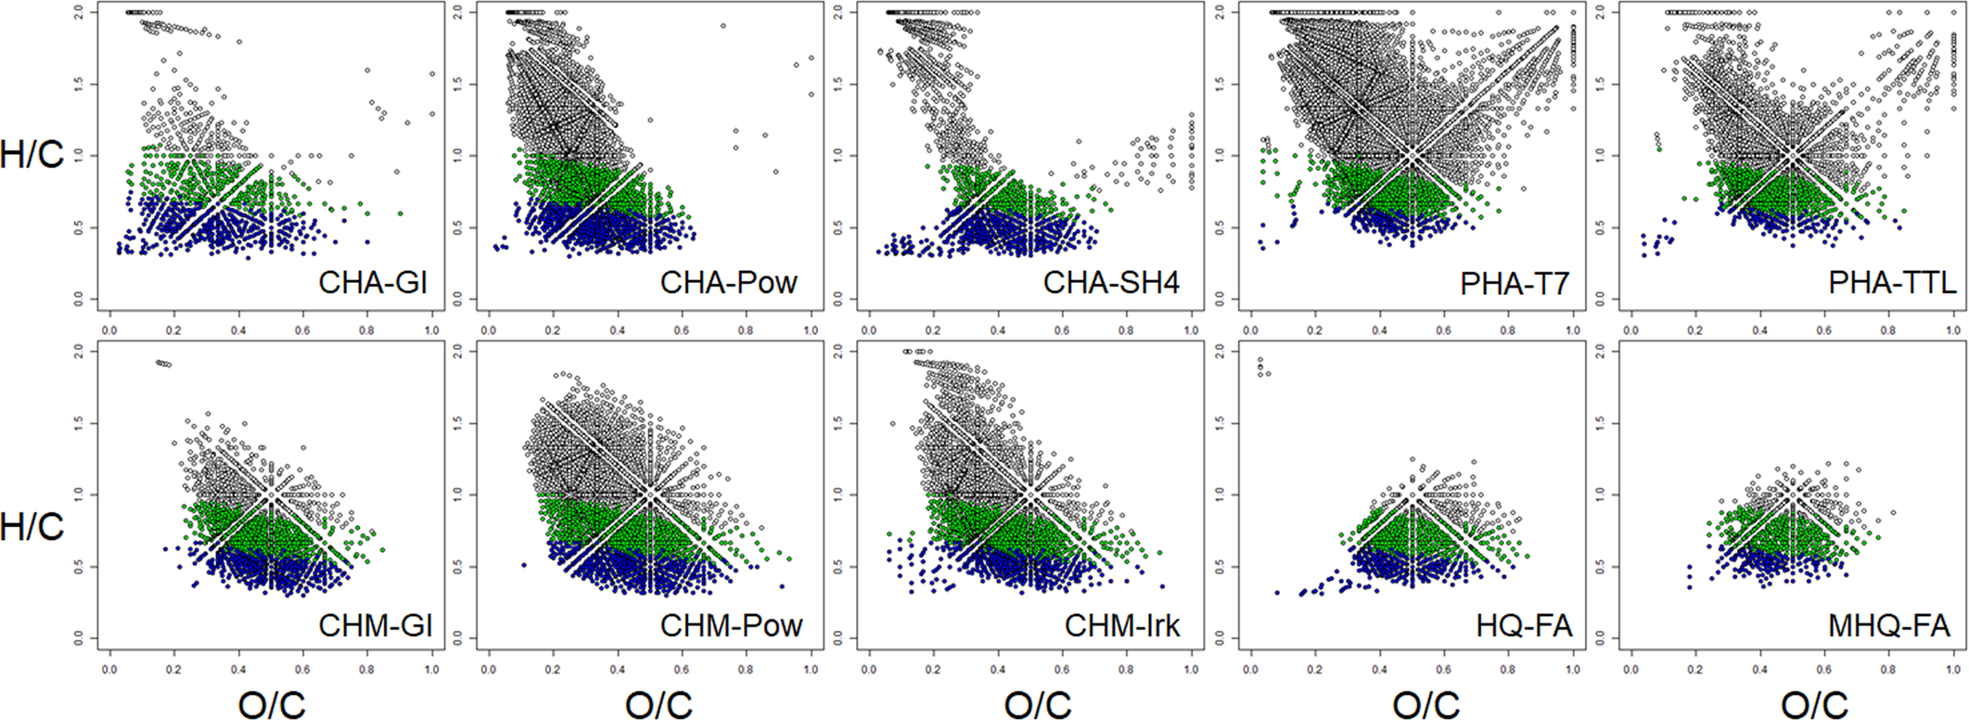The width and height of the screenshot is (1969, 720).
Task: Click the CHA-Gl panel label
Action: tap(373, 281)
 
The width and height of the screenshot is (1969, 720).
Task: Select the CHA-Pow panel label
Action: tap(728, 281)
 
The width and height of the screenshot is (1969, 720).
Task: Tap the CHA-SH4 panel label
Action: tap(1111, 281)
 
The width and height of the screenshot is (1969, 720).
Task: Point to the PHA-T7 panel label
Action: tap(1515, 281)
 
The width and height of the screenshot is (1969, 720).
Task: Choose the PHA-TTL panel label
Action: tap(1892, 281)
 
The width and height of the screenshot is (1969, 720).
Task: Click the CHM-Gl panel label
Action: tap(376, 625)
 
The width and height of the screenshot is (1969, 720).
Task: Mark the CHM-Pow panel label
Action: tap(731, 625)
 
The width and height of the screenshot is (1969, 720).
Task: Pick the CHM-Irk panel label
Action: tap(1122, 625)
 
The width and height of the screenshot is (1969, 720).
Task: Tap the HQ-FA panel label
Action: tap(1524, 625)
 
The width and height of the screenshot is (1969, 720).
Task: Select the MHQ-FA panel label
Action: tap(1888, 625)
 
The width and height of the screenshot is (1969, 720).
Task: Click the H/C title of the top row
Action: tap(32, 154)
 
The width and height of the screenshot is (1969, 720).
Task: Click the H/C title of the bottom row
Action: tap(32, 526)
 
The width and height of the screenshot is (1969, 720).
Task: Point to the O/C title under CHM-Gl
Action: tap(271, 704)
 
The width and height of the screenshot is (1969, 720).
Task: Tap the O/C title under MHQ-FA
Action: tap(1813, 704)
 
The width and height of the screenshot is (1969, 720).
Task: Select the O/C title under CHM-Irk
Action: tap(1037, 704)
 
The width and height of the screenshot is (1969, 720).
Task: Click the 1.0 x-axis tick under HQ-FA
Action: tap(1573, 668)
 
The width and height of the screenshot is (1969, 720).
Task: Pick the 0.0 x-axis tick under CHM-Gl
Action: tap(109, 668)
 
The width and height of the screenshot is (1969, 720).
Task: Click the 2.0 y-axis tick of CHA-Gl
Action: tap(80, 12)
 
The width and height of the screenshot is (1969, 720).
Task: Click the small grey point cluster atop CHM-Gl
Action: tap(162, 363)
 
